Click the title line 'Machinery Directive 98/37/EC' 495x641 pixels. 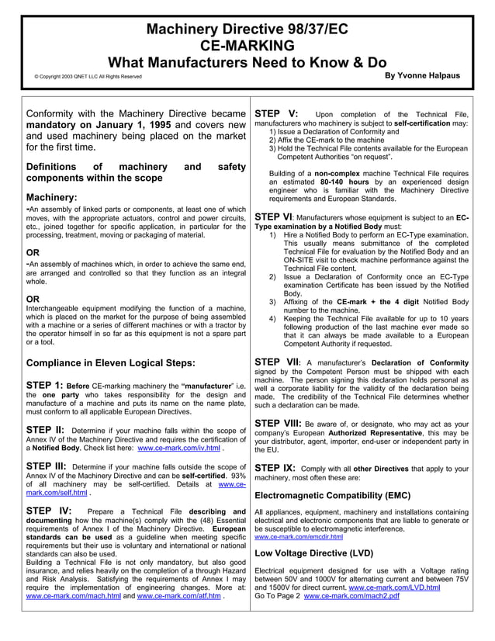click(247, 29)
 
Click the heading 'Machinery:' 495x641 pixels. click(51, 197)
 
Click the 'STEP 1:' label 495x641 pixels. click(44, 385)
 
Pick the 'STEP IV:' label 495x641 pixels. click(49, 511)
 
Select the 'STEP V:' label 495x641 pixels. click(277, 113)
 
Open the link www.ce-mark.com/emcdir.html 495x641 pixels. click(299, 536)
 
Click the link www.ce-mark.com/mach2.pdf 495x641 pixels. click(351, 596)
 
